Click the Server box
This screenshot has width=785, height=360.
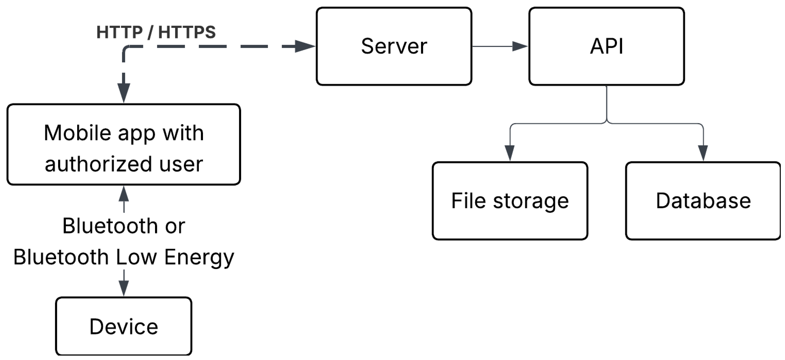394,46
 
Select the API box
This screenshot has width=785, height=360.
606,46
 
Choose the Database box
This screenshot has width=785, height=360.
703,201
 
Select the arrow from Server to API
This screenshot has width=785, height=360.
500,46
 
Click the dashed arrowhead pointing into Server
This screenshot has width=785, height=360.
305,46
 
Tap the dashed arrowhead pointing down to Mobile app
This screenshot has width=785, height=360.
123,92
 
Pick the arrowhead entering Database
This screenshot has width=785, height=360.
703,152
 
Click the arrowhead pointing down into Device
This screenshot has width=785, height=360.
123,287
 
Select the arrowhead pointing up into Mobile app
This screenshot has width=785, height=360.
123,194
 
